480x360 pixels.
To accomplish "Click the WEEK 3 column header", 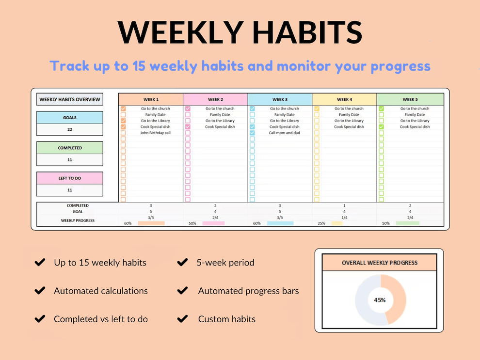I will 279,99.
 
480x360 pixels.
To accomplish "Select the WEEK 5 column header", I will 410,99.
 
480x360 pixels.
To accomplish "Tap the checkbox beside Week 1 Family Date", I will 123,115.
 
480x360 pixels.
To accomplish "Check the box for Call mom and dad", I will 252,133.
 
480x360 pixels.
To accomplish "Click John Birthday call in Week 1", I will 155,133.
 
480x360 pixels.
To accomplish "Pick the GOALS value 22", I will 69,130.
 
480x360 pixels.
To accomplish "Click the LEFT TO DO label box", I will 69,178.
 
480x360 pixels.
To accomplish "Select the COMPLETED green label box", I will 69,148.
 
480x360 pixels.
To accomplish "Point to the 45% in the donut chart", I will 380,300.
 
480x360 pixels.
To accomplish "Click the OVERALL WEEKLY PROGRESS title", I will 379,263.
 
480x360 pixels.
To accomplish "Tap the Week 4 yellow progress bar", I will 336,223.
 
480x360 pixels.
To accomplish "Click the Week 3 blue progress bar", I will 280,223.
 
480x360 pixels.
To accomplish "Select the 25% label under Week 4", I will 321,223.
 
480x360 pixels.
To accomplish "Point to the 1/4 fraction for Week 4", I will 344,218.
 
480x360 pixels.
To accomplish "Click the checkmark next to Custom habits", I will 182,319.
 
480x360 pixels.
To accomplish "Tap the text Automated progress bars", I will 248,291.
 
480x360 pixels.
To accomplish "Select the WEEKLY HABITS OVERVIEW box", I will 69,99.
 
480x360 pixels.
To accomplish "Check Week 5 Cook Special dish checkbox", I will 381,127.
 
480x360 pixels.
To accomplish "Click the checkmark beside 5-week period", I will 182,263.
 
